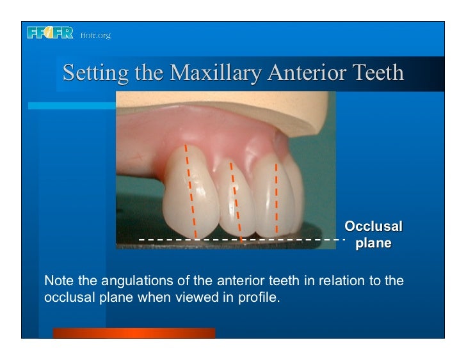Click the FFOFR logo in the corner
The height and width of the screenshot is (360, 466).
pos(51,34)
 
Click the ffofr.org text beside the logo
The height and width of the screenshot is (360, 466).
pos(95,35)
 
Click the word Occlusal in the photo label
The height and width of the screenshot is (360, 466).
pos(373,226)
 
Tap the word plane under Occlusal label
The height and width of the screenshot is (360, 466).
pos(373,243)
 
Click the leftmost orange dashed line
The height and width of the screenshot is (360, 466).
pos(191,192)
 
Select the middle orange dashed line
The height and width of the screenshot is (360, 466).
pos(236,198)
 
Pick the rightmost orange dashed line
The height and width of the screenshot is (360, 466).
pos(276,198)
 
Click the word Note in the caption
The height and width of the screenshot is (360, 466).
pos(56,281)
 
